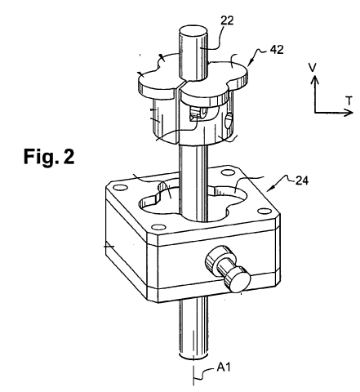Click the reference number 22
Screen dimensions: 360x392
coord(227,20)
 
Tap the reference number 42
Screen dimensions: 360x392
coord(277,50)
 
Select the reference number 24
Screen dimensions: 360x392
coord(301,180)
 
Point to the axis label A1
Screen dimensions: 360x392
coord(224,367)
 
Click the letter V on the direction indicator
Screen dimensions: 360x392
coord(313,67)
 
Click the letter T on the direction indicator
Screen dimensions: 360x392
coord(349,101)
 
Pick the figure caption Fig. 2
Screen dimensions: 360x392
coord(49,157)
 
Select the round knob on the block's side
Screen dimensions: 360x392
coord(228,269)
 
